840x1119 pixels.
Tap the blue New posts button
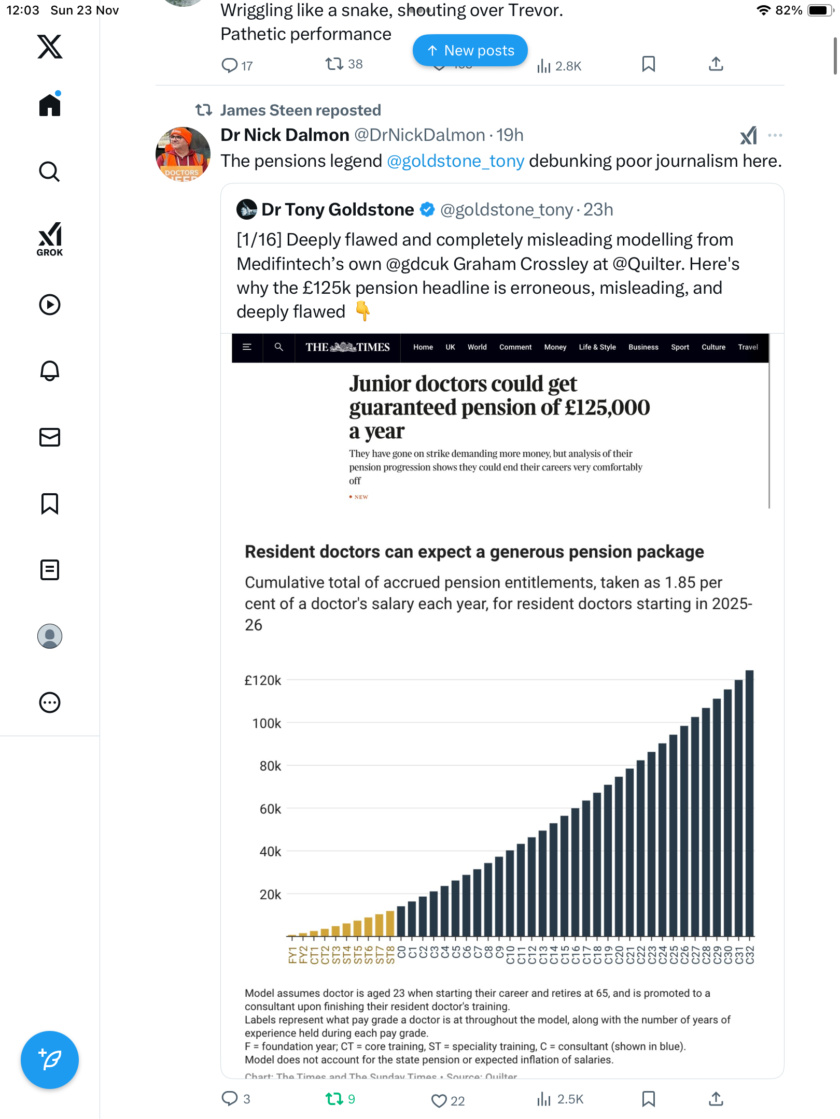coord(470,50)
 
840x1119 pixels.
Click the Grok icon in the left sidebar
coord(50,239)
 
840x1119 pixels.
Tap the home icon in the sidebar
coord(50,105)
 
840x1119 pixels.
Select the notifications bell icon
coord(50,371)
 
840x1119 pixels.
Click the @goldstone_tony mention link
coord(455,161)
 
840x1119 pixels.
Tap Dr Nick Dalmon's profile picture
coord(183,154)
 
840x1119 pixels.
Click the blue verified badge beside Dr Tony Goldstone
coord(427,210)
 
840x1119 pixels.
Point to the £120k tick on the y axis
coord(262,680)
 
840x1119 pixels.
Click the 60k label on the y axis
coord(270,809)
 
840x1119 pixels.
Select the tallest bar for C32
coord(749,803)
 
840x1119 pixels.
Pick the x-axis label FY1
coord(292,955)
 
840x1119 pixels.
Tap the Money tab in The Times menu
coord(555,347)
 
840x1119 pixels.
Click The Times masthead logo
coord(347,347)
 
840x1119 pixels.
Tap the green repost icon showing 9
coord(334,1099)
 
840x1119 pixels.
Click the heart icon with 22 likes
coord(439,1100)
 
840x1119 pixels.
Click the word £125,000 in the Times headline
coord(607,408)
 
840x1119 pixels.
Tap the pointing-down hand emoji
coord(362,311)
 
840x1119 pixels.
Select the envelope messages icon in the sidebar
coord(50,437)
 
